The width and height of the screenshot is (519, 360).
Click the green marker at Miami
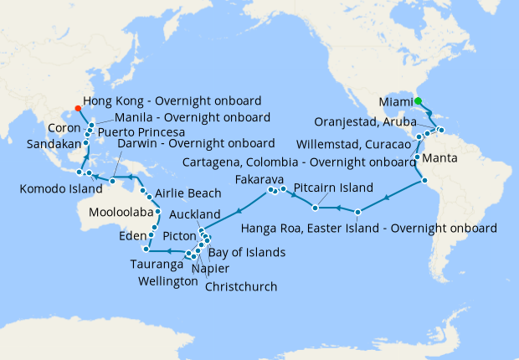(418, 101)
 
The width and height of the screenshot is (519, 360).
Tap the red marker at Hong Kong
(78, 107)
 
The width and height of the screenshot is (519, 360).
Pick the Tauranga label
(157, 264)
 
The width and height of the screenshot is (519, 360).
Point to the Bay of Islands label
(246, 252)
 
